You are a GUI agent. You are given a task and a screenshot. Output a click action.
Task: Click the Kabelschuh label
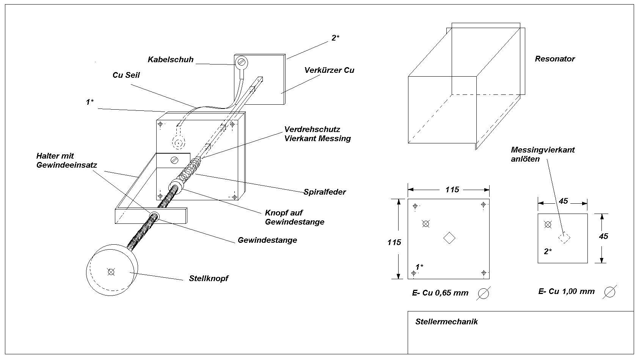click(171, 60)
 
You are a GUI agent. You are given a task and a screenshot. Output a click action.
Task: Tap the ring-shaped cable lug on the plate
click(240, 62)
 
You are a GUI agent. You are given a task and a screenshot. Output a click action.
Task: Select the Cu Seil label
click(126, 75)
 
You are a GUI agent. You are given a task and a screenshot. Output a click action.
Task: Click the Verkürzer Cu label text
click(329, 70)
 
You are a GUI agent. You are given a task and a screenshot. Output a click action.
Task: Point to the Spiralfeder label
click(325, 192)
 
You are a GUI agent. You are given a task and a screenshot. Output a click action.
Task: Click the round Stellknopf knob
click(111, 270)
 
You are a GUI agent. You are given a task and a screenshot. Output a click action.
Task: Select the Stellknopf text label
click(209, 278)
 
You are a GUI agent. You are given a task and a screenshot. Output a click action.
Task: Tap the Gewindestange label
click(267, 240)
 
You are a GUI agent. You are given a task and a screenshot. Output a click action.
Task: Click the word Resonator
click(555, 59)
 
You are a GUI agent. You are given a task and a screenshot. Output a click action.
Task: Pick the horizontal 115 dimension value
click(452, 189)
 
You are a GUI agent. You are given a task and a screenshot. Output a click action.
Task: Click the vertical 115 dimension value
click(394, 242)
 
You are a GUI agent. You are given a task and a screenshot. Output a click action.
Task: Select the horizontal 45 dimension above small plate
click(564, 201)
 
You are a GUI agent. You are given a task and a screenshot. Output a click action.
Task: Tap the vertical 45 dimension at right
click(603, 236)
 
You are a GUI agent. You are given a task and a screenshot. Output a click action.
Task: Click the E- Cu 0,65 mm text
click(440, 293)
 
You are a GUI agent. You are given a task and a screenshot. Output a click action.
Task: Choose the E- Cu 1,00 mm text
click(566, 291)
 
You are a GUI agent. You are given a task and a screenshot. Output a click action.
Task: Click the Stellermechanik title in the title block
click(446, 322)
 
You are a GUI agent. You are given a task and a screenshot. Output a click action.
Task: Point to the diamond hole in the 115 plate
click(449, 238)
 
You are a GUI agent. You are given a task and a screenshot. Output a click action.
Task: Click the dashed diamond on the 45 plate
click(564, 237)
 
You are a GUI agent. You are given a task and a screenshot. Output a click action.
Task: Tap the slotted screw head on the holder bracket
click(175, 160)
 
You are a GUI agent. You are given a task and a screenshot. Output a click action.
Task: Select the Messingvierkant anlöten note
click(543, 154)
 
